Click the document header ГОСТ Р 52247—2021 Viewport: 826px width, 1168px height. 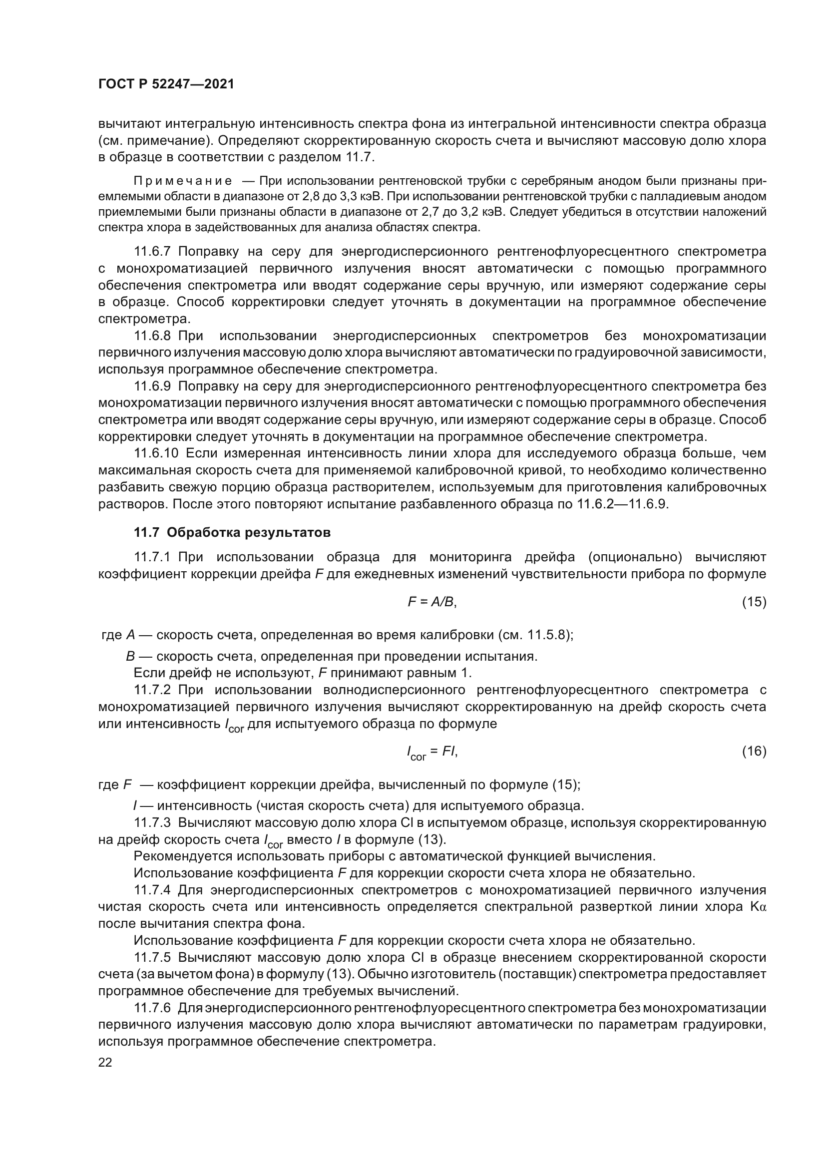coord(166,84)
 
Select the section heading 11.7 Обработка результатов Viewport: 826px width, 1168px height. coord(232,533)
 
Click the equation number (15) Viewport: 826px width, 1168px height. coord(754,602)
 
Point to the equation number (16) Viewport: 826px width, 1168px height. coord(754,752)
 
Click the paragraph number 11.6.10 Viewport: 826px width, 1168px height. coord(156,453)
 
